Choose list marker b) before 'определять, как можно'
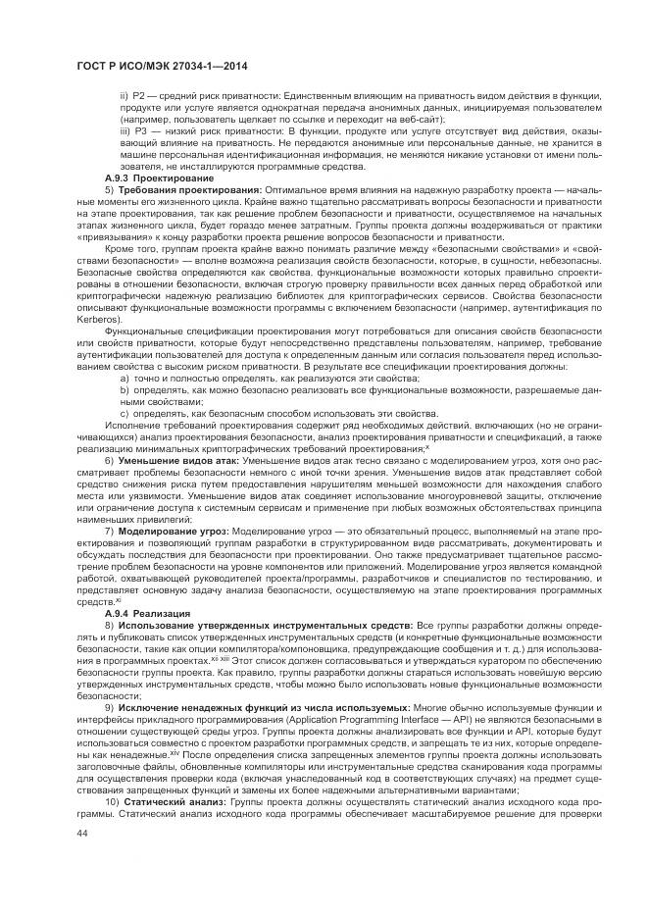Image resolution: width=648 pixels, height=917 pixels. pos(125,391)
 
